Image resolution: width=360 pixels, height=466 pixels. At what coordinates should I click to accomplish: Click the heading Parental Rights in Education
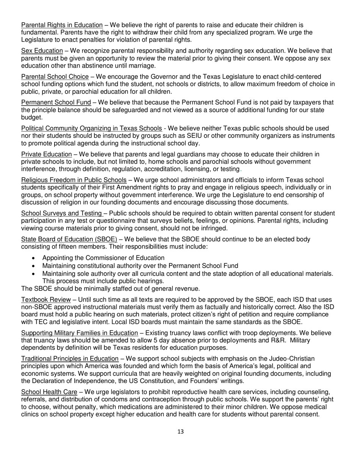(x=62, y=25)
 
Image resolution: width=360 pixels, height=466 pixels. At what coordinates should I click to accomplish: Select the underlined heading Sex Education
(x=42, y=51)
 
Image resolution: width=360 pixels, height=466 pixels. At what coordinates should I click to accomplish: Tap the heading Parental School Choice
(x=55, y=77)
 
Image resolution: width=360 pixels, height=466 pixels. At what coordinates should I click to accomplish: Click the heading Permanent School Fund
(x=56, y=102)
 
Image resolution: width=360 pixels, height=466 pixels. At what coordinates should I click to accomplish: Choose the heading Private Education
(x=46, y=154)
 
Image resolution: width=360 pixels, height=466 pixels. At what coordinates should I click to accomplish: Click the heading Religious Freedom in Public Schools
(x=74, y=180)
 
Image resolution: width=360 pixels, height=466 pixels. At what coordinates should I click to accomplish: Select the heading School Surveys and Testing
(x=61, y=213)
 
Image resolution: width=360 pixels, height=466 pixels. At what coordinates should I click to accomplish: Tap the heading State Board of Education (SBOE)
(x=69, y=239)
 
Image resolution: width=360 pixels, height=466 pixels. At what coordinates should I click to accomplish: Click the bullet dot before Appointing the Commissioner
(x=34, y=258)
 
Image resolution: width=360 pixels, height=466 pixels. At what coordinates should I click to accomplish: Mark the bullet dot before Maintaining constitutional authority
(x=34, y=266)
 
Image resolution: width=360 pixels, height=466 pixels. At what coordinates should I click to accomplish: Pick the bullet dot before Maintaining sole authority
(x=34, y=274)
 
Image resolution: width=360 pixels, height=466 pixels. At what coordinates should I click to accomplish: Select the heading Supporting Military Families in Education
(x=79, y=333)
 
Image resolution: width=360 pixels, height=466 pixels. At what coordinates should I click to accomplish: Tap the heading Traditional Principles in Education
(x=70, y=359)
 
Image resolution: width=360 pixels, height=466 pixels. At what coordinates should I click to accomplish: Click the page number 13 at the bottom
(x=180, y=432)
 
